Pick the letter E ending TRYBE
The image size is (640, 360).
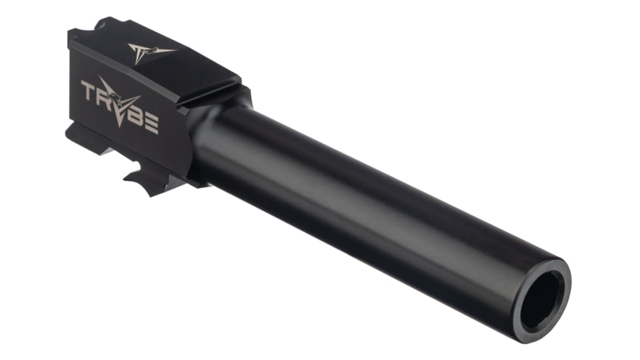coord(152,125)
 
